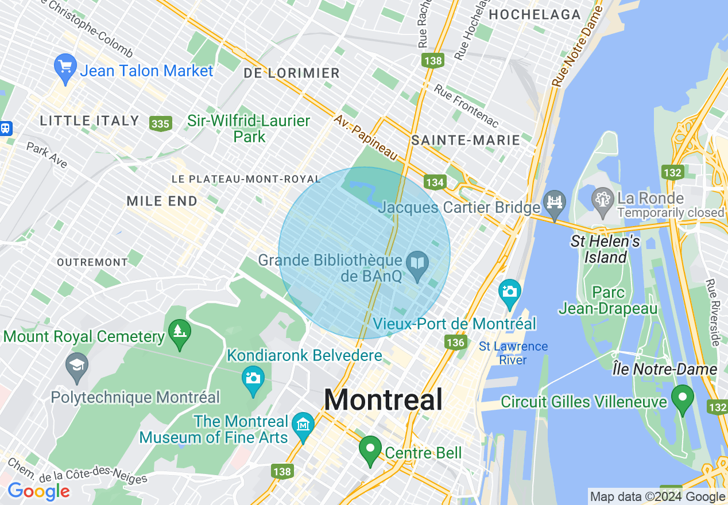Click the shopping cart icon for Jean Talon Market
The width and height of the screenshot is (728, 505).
click(x=65, y=68)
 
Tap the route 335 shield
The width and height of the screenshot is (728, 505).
click(x=160, y=123)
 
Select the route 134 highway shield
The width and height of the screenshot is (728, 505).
click(x=435, y=182)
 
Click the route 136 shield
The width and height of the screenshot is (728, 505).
click(x=455, y=343)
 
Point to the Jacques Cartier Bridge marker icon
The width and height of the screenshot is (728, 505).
click(x=555, y=203)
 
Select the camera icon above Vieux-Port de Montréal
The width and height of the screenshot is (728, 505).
click(x=509, y=292)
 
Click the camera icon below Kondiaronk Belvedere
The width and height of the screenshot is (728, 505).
click(x=253, y=379)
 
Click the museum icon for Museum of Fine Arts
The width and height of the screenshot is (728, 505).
click(x=303, y=425)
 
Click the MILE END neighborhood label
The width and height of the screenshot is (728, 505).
click(x=162, y=201)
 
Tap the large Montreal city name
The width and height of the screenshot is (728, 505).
click(x=384, y=399)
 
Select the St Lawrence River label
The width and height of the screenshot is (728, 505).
click(x=513, y=353)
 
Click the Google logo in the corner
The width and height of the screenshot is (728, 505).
click(x=38, y=492)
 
